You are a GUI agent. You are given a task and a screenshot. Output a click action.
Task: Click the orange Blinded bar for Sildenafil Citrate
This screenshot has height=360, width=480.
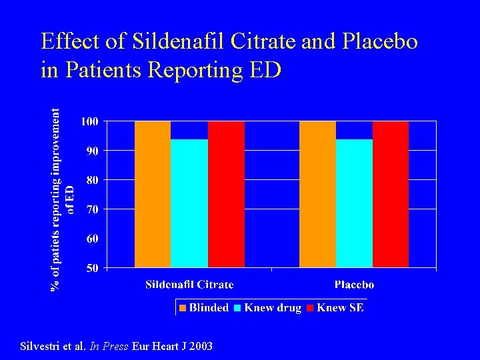tap(153, 194)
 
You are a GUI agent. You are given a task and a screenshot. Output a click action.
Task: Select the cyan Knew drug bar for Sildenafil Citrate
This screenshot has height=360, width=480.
tap(189, 203)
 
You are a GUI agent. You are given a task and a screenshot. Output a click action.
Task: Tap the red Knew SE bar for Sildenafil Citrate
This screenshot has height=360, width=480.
tap(226, 194)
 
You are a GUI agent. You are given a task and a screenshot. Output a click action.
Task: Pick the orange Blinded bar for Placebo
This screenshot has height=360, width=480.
tap(317, 194)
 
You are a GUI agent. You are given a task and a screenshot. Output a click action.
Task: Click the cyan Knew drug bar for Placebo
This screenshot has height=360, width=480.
tap(354, 203)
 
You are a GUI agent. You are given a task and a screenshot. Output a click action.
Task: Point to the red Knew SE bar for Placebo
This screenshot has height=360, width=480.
tap(391, 194)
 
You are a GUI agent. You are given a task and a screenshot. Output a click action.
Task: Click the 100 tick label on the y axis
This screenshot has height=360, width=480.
tap(89, 121)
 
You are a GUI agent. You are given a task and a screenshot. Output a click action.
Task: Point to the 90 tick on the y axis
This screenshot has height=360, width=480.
tap(92, 151)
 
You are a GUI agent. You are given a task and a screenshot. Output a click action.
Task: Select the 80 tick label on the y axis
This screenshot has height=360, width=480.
tap(92, 180)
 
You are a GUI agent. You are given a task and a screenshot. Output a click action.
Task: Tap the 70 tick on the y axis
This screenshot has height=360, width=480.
tap(92, 209)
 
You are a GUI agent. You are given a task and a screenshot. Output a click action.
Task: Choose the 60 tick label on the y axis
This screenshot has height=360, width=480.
tap(92, 239)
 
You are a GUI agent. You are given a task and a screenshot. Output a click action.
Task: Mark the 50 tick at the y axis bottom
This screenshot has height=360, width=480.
tap(92, 268)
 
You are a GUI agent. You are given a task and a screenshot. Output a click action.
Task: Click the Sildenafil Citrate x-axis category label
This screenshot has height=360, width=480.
tap(189, 285)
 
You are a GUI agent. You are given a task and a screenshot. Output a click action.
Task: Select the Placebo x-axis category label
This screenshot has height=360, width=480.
tap(354, 285)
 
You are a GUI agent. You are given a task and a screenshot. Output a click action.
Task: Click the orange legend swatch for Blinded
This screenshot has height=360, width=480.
tap(183, 308)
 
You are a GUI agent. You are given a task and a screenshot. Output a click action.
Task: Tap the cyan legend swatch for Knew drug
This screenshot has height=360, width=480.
tap(238, 308)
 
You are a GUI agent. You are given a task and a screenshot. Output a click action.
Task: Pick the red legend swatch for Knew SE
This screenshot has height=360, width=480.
tap(311, 308)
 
